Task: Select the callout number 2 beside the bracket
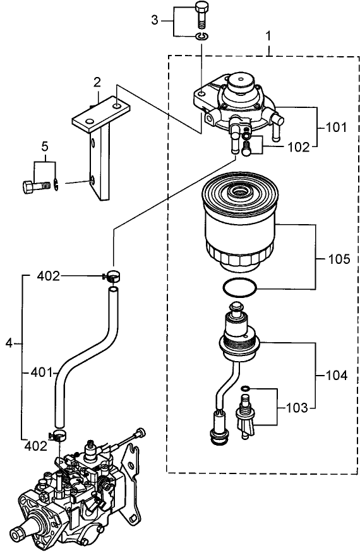pyautogui.click(x=97, y=81)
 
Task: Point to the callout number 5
pyautogui.click(x=44, y=146)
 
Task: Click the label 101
pyautogui.click(x=336, y=127)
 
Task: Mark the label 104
pyautogui.click(x=336, y=375)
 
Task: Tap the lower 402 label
pyautogui.click(x=35, y=445)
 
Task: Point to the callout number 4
pyautogui.click(x=9, y=343)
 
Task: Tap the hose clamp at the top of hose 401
pyautogui.click(x=112, y=275)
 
